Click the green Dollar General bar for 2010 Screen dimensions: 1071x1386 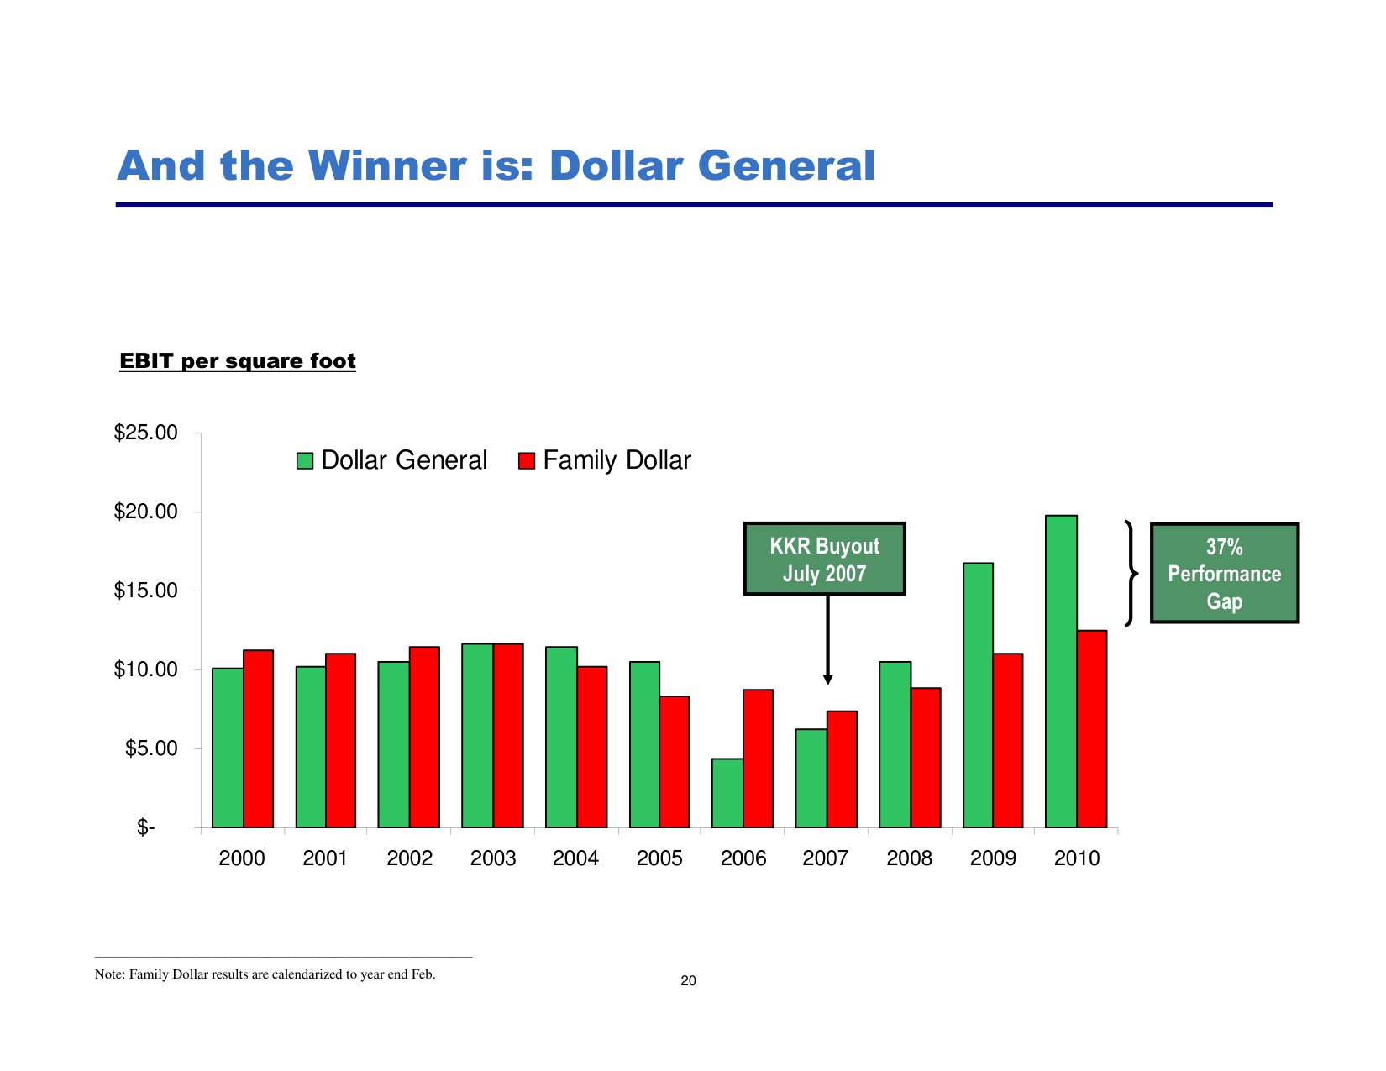1061,672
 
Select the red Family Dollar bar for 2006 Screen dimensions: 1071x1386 758,759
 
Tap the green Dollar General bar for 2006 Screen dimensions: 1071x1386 727,793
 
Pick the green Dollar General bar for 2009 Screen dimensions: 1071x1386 978,696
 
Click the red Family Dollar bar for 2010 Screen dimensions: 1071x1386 1092,729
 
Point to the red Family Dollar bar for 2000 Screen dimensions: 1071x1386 258,739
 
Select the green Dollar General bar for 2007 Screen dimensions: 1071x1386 811,778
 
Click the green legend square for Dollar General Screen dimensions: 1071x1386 305,460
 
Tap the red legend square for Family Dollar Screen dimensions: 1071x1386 527,460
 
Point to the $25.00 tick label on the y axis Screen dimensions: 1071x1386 146,433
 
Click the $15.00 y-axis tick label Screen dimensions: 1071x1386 146,591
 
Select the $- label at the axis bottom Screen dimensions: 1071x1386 146,828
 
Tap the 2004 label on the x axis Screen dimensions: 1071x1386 575,858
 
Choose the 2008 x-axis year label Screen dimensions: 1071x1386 909,858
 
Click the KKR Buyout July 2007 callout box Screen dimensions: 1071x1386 824,559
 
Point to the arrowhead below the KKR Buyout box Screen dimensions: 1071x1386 827,679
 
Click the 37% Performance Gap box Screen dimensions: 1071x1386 1224,573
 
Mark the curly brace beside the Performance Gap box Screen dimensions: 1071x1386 1131,573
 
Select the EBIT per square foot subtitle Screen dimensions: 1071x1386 238,361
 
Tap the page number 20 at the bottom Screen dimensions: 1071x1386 688,980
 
